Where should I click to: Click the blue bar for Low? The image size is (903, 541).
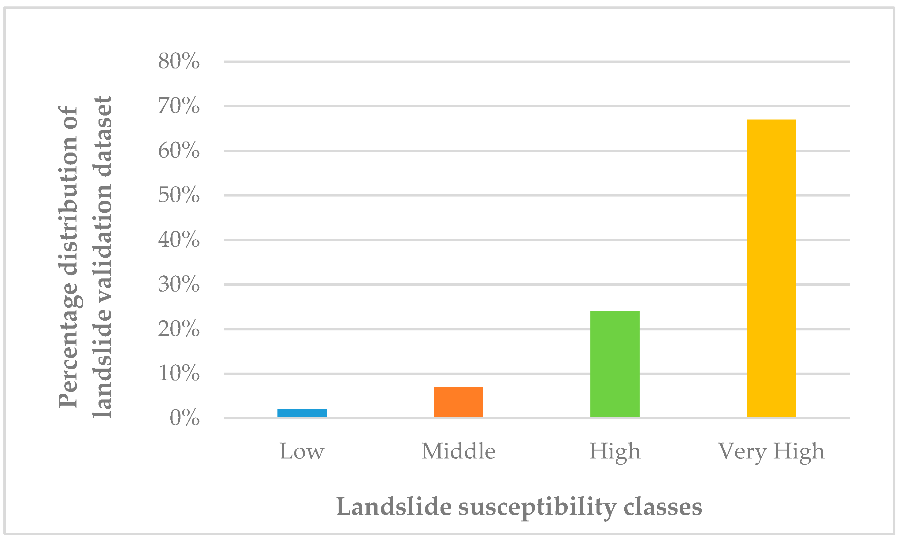[302, 413]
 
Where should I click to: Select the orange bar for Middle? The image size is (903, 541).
[458, 402]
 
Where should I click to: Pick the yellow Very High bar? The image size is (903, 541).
[771, 268]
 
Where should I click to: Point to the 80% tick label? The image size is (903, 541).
[179, 61]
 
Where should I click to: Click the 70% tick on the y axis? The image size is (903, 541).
[179, 106]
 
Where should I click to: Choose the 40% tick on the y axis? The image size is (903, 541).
[179, 240]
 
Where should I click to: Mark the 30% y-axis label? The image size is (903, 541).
[179, 284]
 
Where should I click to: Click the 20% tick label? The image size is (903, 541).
[179, 329]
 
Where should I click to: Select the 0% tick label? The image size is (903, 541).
[185, 418]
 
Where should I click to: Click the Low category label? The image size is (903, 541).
[302, 451]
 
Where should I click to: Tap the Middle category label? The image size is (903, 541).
[458, 451]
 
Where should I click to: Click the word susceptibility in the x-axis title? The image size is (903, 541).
[537, 507]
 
